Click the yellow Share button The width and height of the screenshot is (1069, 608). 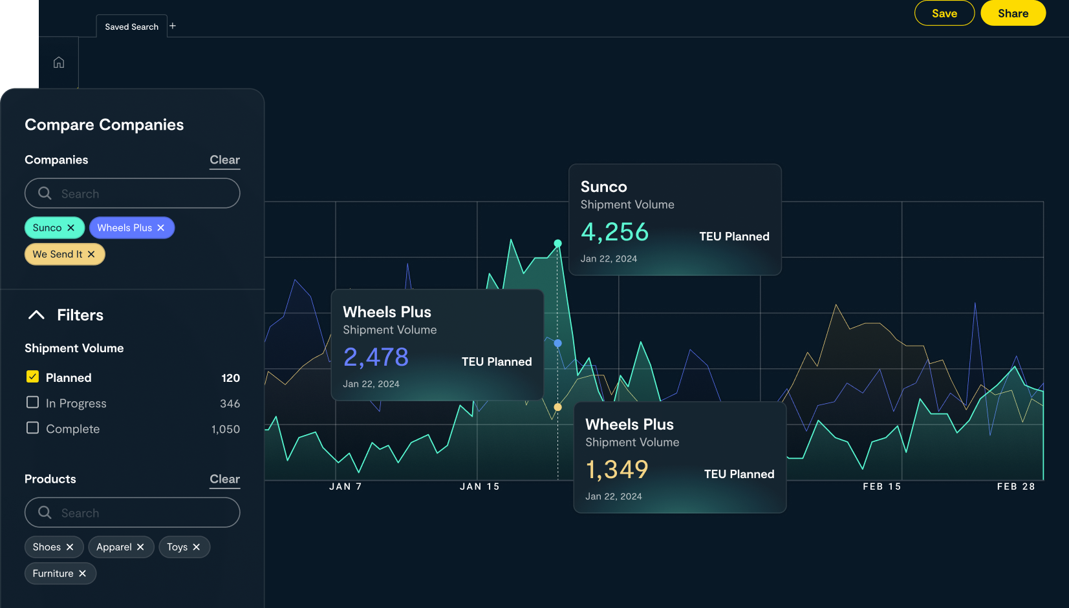[x=1013, y=14]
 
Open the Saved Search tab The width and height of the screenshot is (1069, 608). [x=131, y=26]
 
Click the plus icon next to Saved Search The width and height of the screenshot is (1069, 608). [x=173, y=26]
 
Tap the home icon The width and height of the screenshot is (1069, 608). [x=59, y=63]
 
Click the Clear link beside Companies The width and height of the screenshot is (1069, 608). [x=224, y=160]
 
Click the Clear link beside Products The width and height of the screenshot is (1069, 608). [x=224, y=479]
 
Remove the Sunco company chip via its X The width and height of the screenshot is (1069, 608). [x=71, y=227]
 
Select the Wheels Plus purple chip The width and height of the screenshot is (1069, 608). [x=125, y=227]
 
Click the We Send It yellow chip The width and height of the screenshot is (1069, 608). [x=58, y=254]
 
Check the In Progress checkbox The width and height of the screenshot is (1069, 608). [x=32, y=402]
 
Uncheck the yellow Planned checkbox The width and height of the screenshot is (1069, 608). [x=32, y=377]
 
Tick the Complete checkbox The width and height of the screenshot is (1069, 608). [x=32, y=428]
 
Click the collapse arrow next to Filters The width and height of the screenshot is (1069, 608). [x=36, y=315]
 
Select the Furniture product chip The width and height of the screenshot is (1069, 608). [x=53, y=573]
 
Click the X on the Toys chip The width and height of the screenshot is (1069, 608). [x=197, y=547]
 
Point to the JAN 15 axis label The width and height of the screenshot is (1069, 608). [x=479, y=487]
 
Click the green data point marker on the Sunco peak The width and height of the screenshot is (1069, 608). [x=557, y=244]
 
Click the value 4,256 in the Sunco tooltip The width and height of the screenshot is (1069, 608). [x=614, y=232]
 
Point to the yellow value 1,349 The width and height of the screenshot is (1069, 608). [x=616, y=470]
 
